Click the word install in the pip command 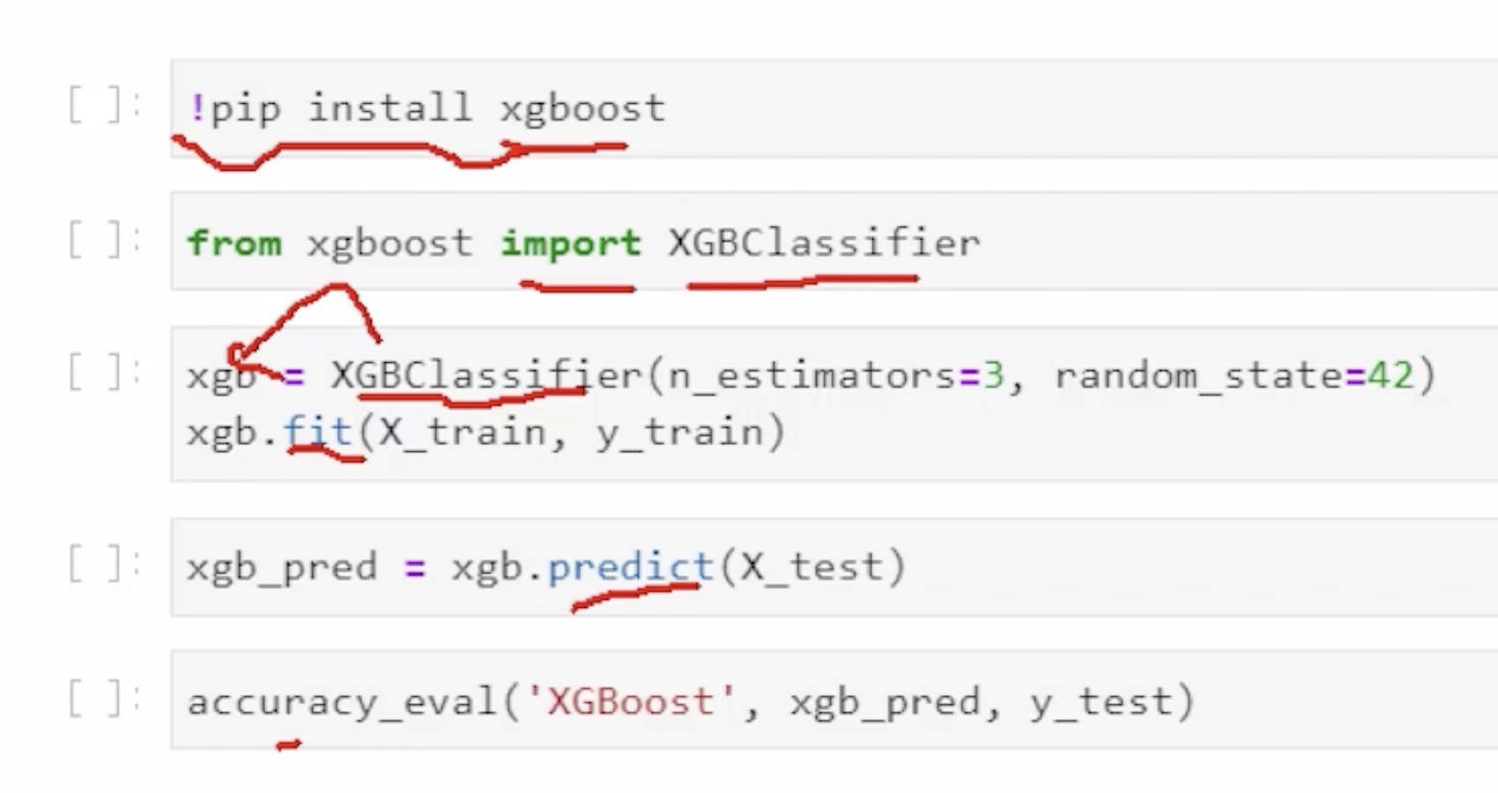tap(389, 108)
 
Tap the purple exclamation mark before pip tap(197, 108)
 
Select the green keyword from tap(234, 242)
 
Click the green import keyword tap(570, 242)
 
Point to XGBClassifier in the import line tap(823, 242)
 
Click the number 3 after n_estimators tap(993, 376)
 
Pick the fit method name tap(317, 433)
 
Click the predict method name tap(629, 567)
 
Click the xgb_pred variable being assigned tap(281, 567)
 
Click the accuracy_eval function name tap(342, 702)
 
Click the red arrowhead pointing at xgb tap(236, 356)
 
